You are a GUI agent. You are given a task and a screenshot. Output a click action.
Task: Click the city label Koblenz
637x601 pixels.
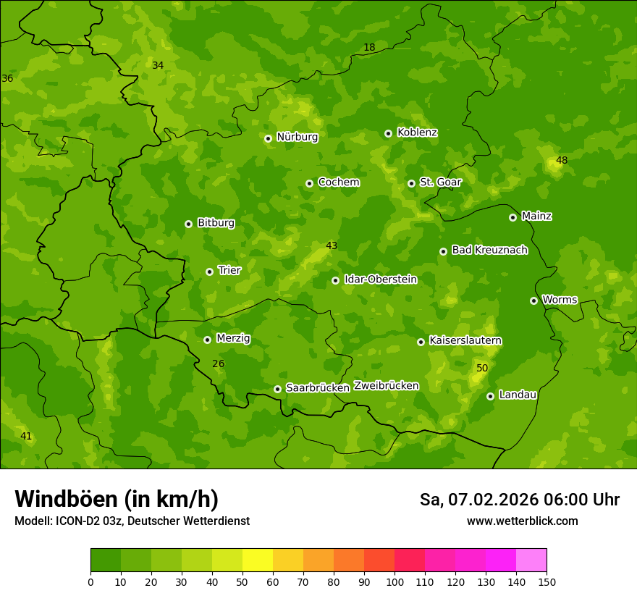click(x=417, y=133)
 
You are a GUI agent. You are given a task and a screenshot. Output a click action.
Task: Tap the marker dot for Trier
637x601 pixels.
click(x=209, y=272)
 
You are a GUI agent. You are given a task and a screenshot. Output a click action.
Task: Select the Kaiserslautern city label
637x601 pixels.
click(x=465, y=340)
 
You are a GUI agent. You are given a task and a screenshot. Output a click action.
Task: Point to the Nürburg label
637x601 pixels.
click(x=297, y=137)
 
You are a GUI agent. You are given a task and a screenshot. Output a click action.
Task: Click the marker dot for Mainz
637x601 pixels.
click(x=512, y=217)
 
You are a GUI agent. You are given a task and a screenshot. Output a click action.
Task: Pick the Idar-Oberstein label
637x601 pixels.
click(x=380, y=280)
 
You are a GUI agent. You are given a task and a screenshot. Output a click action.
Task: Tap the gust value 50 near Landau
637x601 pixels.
click(x=482, y=369)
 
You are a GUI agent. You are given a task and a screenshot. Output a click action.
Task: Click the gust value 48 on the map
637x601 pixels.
click(x=562, y=160)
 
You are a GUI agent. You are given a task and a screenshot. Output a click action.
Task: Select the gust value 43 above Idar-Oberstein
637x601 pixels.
click(x=332, y=245)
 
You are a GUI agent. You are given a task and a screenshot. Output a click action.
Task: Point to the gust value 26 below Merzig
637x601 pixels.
click(x=219, y=363)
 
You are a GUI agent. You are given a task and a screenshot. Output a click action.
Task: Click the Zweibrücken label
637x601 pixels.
click(x=386, y=386)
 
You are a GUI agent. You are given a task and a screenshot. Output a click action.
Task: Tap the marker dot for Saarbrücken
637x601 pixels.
click(x=277, y=389)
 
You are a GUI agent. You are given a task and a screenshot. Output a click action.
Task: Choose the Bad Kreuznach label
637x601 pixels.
click(x=489, y=250)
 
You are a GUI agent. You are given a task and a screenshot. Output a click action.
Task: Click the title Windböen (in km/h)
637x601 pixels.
click(x=117, y=499)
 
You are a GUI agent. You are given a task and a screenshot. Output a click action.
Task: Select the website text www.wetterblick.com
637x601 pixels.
click(x=522, y=521)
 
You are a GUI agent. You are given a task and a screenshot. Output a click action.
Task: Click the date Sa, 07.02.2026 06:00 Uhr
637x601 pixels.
click(x=519, y=500)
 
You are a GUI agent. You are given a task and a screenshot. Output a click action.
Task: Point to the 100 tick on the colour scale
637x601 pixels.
click(x=395, y=581)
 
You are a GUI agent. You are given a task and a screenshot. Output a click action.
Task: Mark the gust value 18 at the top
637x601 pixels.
click(x=369, y=48)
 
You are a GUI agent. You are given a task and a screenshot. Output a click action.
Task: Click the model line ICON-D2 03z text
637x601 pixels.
click(x=132, y=521)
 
